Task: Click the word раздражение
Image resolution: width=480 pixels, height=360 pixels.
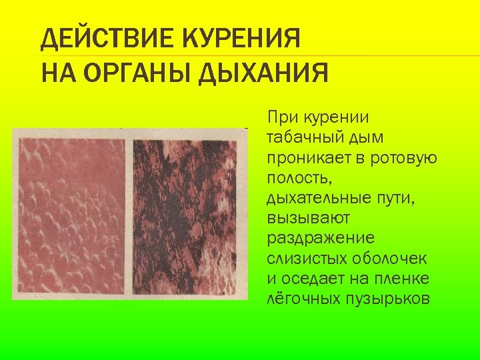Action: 321,238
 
